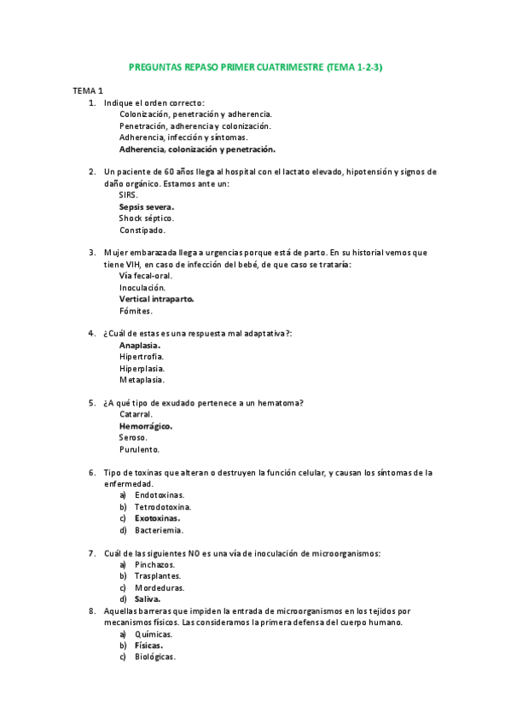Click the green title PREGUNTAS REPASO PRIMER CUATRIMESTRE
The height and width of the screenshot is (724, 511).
(x=255, y=66)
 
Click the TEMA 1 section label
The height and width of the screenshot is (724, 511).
(x=88, y=90)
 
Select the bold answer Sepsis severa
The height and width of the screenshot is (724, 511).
(x=147, y=207)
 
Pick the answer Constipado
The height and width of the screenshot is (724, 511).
(x=142, y=231)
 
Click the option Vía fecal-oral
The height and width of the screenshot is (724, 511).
(x=145, y=276)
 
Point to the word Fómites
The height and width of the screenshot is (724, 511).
(x=136, y=312)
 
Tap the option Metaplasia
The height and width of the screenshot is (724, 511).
(x=142, y=380)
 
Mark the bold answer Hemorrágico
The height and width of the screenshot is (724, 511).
(x=146, y=426)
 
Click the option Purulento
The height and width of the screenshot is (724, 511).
(x=139, y=449)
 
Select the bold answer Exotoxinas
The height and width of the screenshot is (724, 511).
(x=157, y=518)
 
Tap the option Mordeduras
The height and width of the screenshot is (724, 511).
(x=160, y=588)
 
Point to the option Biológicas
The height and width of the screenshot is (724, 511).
(x=155, y=657)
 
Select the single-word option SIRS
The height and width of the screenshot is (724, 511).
(x=129, y=196)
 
